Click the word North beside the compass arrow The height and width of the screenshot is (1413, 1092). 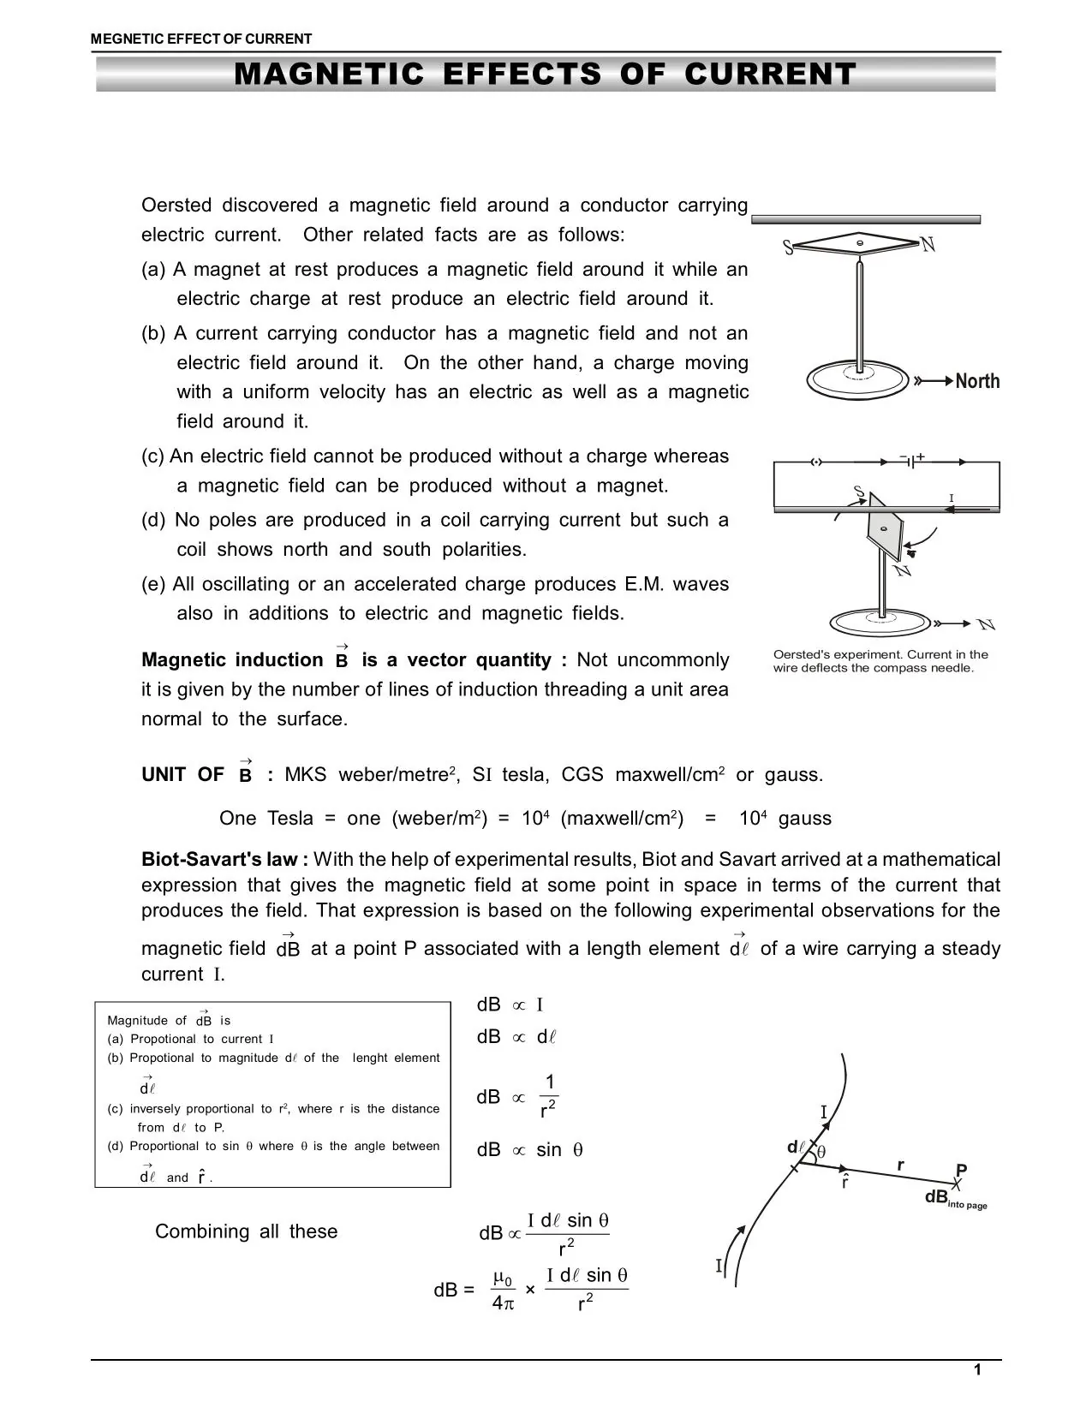tap(977, 381)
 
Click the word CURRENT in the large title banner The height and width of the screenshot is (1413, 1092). tap(770, 75)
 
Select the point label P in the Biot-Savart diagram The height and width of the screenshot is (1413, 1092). tap(961, 1170)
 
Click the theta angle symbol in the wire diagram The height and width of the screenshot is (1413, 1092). tap(820, 1152)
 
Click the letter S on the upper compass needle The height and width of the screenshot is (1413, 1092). tap(789, 248)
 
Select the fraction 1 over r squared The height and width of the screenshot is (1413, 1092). tap(549, 1097)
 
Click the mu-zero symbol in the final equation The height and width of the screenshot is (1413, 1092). tap(503, 1280)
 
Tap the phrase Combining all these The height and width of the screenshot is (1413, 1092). tap(246, 1231)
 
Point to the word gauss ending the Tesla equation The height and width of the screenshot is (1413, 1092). tap(804, 818)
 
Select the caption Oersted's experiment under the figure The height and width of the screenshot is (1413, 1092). tap(880, 661)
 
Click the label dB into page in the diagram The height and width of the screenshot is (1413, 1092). tap(954, 1198)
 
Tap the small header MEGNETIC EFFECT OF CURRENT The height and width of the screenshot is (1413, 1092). tap(201, 39)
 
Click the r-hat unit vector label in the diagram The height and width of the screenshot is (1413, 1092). tap(844, 1183)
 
